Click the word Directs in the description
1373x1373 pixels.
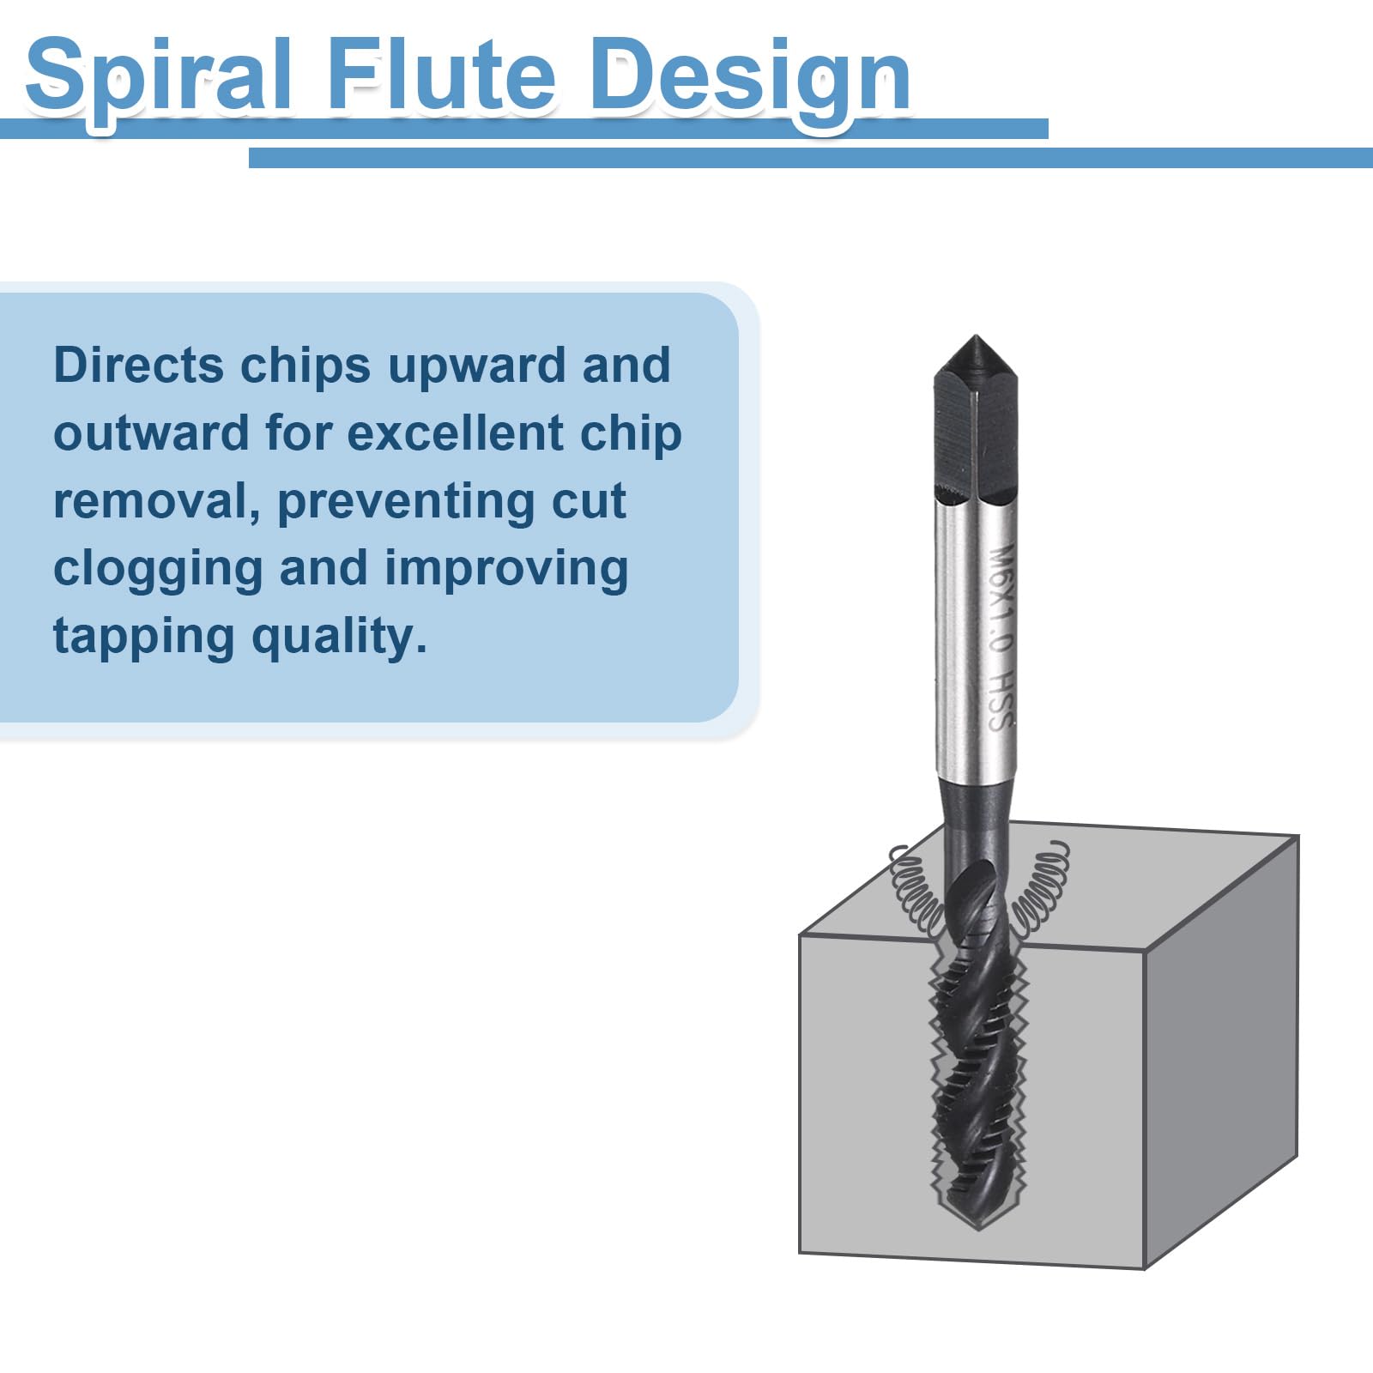139,365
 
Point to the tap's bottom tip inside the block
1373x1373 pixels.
975,1227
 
